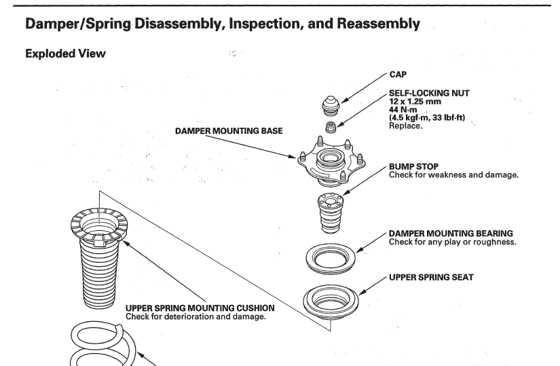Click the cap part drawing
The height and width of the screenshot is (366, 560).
point(331,104)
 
